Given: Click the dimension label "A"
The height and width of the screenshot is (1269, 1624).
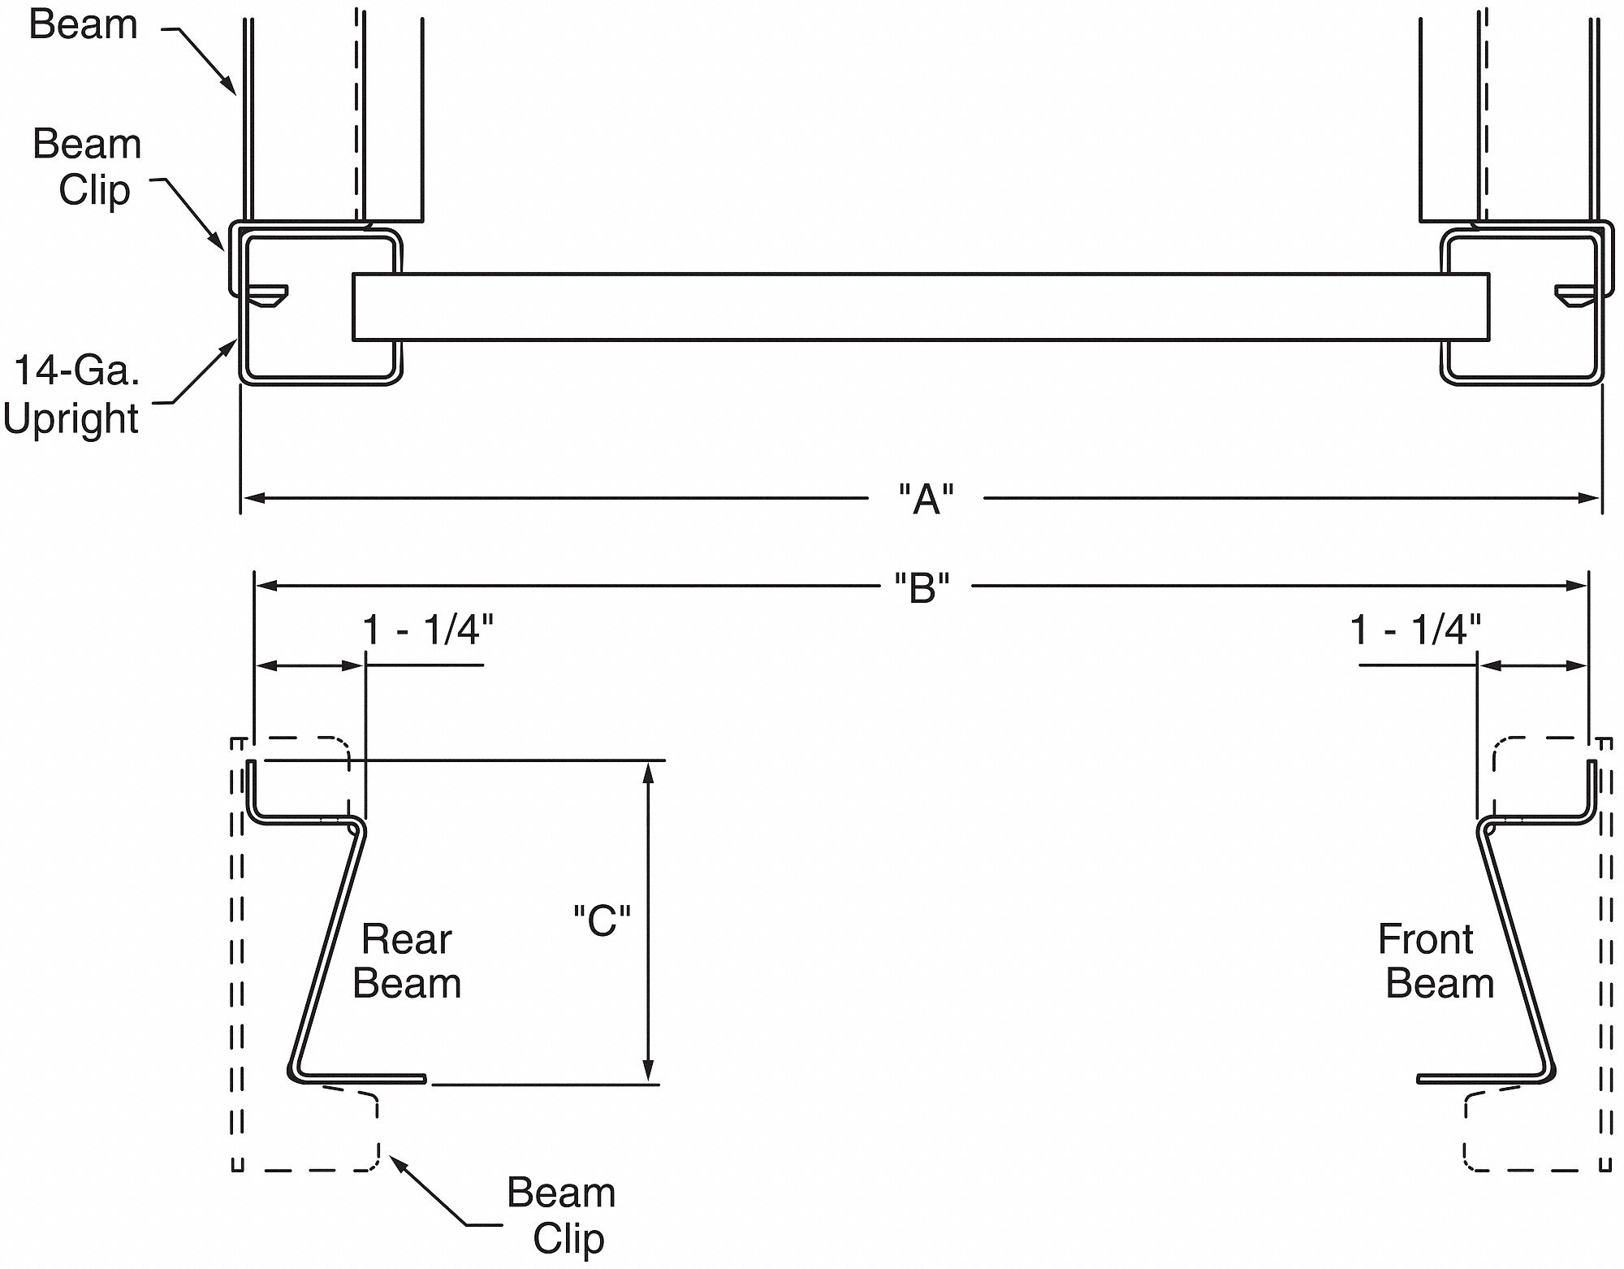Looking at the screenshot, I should click(x=926, y=499).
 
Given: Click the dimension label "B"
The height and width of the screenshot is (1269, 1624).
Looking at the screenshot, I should click(x=922, y=587).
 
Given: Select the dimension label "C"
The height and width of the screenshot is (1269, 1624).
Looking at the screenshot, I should click(x=602, y=920).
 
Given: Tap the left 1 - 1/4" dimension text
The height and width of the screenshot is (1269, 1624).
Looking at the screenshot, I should click(x=427, y=630).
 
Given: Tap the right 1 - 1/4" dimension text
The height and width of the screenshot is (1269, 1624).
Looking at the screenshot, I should click(x=1415, y=630).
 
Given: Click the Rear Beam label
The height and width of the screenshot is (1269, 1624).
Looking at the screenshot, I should click(x=407, y=961).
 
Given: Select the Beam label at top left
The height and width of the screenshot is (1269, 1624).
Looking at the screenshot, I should click(x=83, y=24).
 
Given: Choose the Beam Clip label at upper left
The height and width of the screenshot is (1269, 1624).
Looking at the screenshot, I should click(x=88, y=167).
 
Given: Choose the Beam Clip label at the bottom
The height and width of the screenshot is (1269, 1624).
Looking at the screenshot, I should click(x=562, y=1215).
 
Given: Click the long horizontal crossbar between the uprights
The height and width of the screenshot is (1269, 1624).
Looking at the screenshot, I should click(x=920, y=306).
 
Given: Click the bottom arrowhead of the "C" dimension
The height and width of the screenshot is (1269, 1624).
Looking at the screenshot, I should click(x=648, y=1073).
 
